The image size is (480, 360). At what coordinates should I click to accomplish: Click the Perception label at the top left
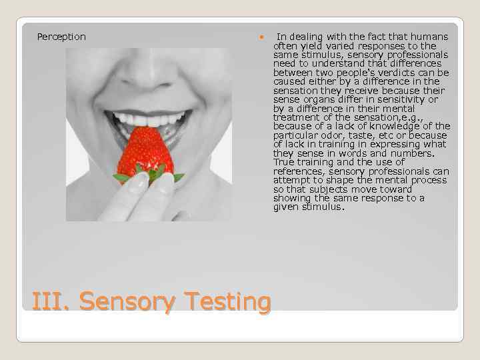tap(61, 37)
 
